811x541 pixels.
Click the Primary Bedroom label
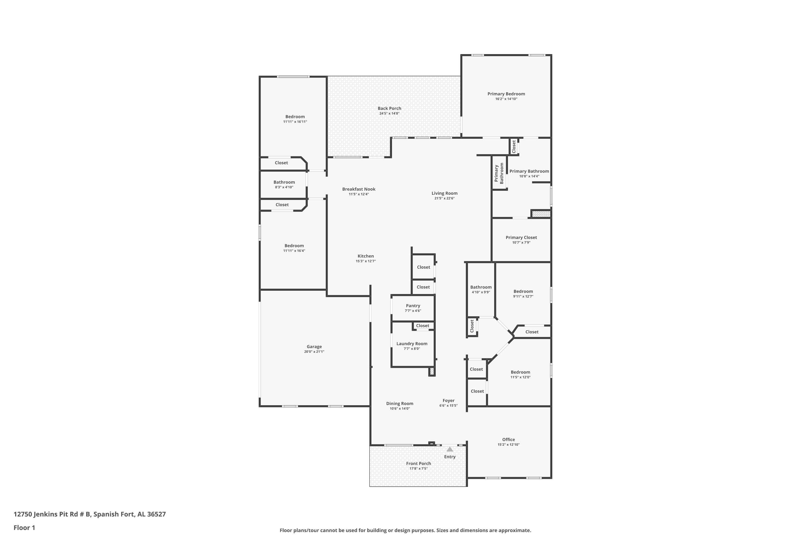(506, 94)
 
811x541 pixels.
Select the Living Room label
(444, 193)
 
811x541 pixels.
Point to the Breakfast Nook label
(359, 189)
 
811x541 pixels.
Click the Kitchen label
(365, 256)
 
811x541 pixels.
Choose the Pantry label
(413, 306)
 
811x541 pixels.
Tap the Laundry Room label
(412, 344)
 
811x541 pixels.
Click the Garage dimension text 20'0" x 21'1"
(314, 352)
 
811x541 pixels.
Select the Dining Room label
(400, 403)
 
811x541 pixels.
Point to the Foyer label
(448, 401)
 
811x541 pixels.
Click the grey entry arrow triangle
(450, 449)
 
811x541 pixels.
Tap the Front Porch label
(418, 463)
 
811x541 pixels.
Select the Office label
(508, 440)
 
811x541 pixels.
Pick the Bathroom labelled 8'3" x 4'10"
(284, 182)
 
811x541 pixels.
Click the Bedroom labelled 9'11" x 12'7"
(523, 292)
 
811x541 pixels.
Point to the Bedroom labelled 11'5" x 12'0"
(520, 372)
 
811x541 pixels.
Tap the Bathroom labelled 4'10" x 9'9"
(481, 287)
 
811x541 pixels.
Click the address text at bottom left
(90, 514)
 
